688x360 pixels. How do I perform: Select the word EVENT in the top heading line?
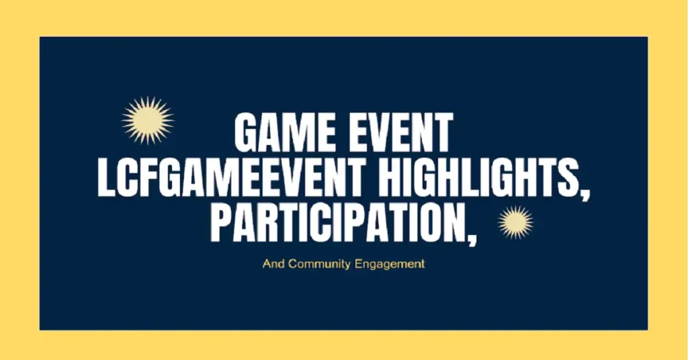tap(397, 134)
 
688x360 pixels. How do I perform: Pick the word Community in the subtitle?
tap(319, 264)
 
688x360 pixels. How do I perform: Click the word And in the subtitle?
tap(273, 264)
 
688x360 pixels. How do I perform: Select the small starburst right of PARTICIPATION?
tap(515, 222)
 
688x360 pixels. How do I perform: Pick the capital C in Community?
tap(292, 264)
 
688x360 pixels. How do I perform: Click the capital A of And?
tap(266, 264)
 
